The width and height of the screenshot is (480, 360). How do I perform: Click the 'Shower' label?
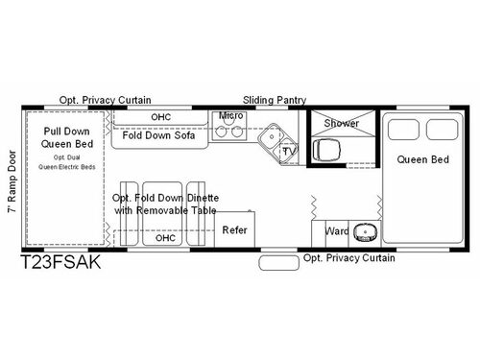(341, 123)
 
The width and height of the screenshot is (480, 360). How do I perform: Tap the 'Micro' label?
(230, 116)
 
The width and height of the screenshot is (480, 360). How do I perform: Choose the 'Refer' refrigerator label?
(236, 230)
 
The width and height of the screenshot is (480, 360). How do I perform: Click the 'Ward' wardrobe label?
(336, 231)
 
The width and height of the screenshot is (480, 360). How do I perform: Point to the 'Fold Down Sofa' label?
(159, 135)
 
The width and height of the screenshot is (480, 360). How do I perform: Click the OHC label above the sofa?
(160, 117)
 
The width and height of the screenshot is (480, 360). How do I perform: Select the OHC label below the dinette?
(166, 238)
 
